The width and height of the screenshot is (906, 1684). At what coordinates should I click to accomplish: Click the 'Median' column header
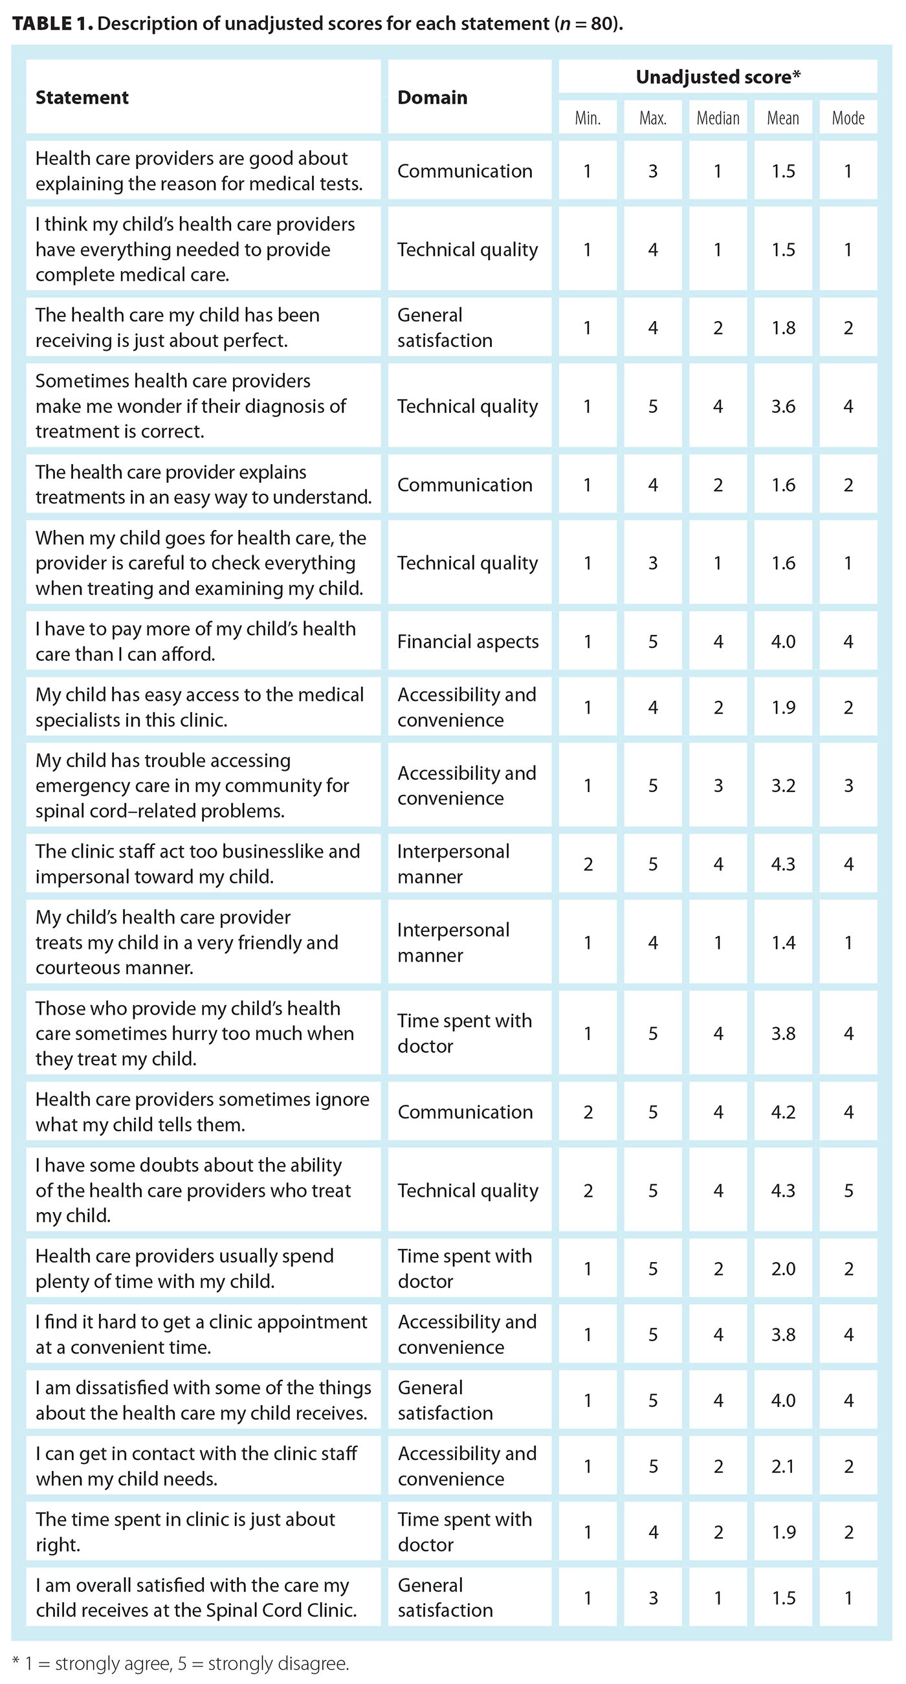point(718,118)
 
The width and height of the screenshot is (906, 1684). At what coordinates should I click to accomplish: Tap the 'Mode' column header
point(848,118)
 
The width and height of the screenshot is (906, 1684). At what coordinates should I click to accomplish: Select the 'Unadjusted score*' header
point(718,77)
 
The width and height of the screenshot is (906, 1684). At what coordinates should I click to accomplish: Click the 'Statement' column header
point(82,98)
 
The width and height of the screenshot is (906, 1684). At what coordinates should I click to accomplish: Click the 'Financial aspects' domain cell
point(468,641)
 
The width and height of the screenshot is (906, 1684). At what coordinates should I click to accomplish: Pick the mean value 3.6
point(783,406)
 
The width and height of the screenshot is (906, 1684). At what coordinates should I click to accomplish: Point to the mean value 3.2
point(783,785)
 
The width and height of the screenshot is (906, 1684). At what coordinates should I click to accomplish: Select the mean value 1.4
point(783,942)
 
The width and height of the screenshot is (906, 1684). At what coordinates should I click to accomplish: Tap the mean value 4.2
point(783,1112)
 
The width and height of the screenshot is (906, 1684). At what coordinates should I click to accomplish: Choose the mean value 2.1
point(783,1467)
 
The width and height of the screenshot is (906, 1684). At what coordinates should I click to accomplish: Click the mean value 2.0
point(783,1269)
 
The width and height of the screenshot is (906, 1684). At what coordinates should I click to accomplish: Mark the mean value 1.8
point(783,327)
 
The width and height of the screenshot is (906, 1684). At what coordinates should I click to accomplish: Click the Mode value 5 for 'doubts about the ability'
point(848,1190)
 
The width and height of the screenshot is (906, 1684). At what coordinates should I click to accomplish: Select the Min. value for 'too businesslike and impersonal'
point(588,864)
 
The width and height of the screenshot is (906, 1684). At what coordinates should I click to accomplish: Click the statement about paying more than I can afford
point(195,641)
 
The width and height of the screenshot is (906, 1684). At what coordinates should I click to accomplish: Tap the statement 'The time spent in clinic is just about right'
point(185,1533)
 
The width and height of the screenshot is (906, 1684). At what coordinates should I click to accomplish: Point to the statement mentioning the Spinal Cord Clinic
point(196,1598)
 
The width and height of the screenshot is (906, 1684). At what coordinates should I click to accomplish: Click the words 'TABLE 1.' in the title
point(52,23)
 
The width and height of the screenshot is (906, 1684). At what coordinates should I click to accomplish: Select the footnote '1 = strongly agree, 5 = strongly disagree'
point(186,1663)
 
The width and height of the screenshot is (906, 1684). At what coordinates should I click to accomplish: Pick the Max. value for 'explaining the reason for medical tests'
point(652,172)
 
